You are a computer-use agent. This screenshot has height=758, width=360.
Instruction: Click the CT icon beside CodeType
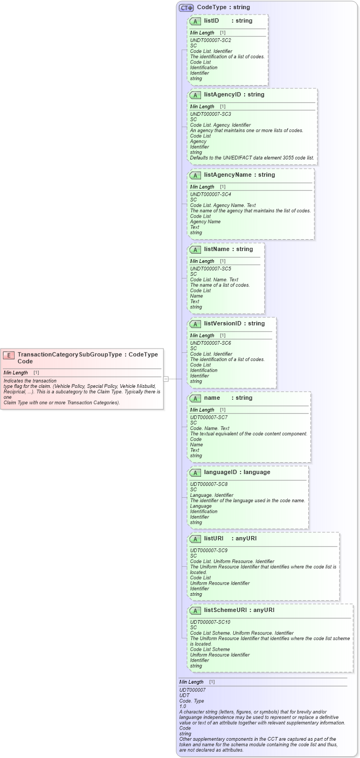click(x=186, y=8)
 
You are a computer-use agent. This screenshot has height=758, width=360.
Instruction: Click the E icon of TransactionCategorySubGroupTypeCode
click(x=9, y=355)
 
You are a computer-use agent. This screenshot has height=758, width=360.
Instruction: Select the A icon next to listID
click(x=196, y=21)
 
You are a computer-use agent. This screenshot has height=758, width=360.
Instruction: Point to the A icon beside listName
click(x=196, y=249)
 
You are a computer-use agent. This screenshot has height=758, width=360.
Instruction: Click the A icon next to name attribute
click(x=196, y=398)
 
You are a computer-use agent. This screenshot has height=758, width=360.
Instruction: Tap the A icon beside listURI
click(x=196, y=539)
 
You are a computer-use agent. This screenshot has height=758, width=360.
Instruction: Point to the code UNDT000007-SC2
click(x=211, y=40)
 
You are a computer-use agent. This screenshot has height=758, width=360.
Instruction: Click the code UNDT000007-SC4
click(x=211, y=194)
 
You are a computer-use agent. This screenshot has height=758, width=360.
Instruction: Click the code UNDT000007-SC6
click(x=211, y=343)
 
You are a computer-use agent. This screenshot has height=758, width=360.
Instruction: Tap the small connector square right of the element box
click(x=166, y=379)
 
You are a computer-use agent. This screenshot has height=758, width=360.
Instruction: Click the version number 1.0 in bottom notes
click(x=183, y=706)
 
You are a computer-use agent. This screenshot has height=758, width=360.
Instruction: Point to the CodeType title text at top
click(x=223, y=8)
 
